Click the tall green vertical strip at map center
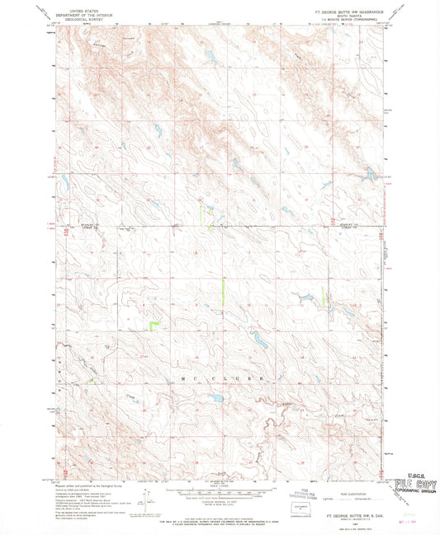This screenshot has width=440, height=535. point(223,290)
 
